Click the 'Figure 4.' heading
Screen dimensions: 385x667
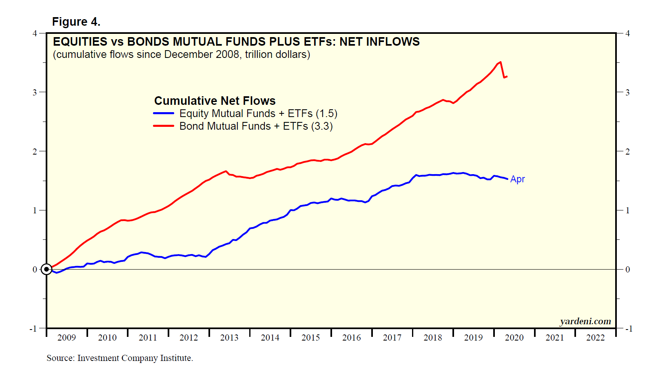[x=76, y=22]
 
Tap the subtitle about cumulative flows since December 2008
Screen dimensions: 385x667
[x=182, y=55]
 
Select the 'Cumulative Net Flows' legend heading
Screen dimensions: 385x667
[x=215, y=101]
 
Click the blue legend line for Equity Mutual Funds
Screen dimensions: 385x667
[x=164, y=113]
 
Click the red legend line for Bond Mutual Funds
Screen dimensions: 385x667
[x=164, y=126]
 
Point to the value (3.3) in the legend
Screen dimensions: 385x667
[x=322, y=126]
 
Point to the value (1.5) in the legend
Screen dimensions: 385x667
[x=326, y=113]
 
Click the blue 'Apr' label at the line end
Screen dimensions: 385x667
[x=517, y=179]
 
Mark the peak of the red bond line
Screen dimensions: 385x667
[x=500, y=62]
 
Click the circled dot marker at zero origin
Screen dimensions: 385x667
[x=47, y=269]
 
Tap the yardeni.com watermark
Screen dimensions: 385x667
[x=585, y=321]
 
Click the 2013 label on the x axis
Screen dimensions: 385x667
[x=229, y=338]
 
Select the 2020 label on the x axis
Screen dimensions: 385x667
[x=514, y=338]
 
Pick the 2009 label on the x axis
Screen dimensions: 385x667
[x=66, y=338]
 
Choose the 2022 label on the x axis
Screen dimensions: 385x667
[x=595, y=338]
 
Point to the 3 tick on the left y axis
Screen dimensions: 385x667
[x=35, y=92]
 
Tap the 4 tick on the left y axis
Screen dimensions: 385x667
[x=35, y=33]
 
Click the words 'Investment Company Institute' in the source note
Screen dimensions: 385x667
[x=135, y=358]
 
